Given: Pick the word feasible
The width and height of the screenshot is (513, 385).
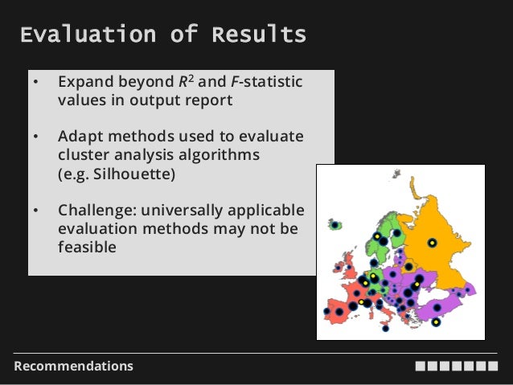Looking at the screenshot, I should point(86,247).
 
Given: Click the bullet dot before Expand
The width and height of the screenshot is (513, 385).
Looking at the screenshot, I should point(35,83).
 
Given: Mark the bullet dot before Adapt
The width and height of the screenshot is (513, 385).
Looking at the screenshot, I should point(35,137).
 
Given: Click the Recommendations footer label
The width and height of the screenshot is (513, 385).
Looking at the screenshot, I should point(73,367).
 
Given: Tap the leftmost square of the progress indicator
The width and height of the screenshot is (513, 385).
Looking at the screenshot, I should point(421,367).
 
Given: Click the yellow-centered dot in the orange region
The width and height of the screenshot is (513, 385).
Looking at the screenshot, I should point(432,242).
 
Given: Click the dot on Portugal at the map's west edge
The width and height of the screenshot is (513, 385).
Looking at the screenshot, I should point(326,311).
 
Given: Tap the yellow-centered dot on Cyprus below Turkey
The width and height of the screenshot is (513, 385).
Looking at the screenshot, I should point(435,322).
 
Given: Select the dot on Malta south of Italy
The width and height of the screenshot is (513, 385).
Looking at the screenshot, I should point(386,328).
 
